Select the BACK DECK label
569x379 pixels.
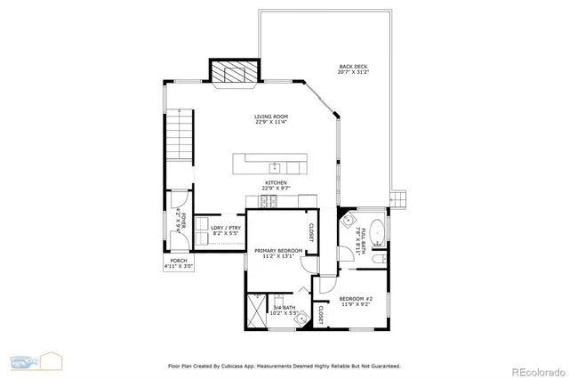pyautogui.click(x=352, y=69)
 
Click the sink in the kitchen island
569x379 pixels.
pyautogui.click(x=275, y=166)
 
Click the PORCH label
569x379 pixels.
pyautogui.click(x=178, y=262)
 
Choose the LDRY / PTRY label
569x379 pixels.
pyautogui.click(x=225, y=230)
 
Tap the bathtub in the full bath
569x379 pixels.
pyautogui.click(x=374, y=230)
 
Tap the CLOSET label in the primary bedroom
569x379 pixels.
pyautogui.click(x=312, y=231)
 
